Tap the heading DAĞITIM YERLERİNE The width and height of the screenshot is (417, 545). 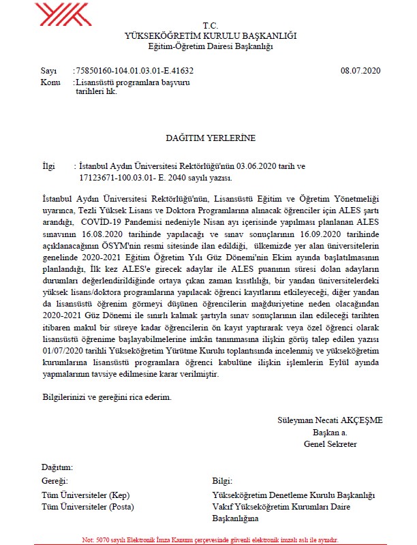211,138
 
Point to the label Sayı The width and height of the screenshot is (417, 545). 48,70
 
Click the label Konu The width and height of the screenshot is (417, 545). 50,82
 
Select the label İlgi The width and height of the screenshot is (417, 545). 48,166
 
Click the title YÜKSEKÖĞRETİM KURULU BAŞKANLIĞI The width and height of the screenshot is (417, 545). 211,35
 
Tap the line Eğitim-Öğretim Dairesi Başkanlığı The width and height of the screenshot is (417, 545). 211,46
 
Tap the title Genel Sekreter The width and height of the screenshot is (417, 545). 330,443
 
